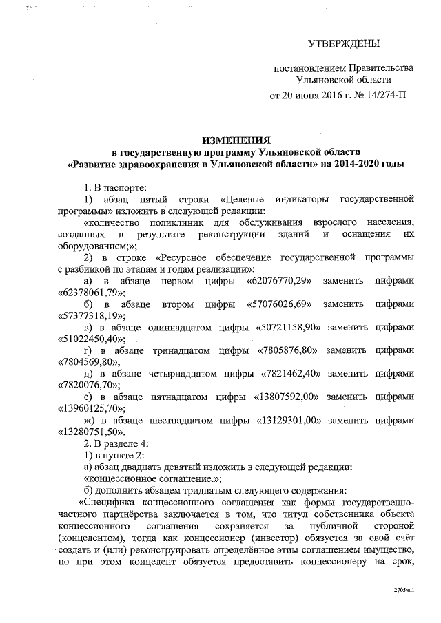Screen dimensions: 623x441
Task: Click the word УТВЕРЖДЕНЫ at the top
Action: [x=343, y=45]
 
